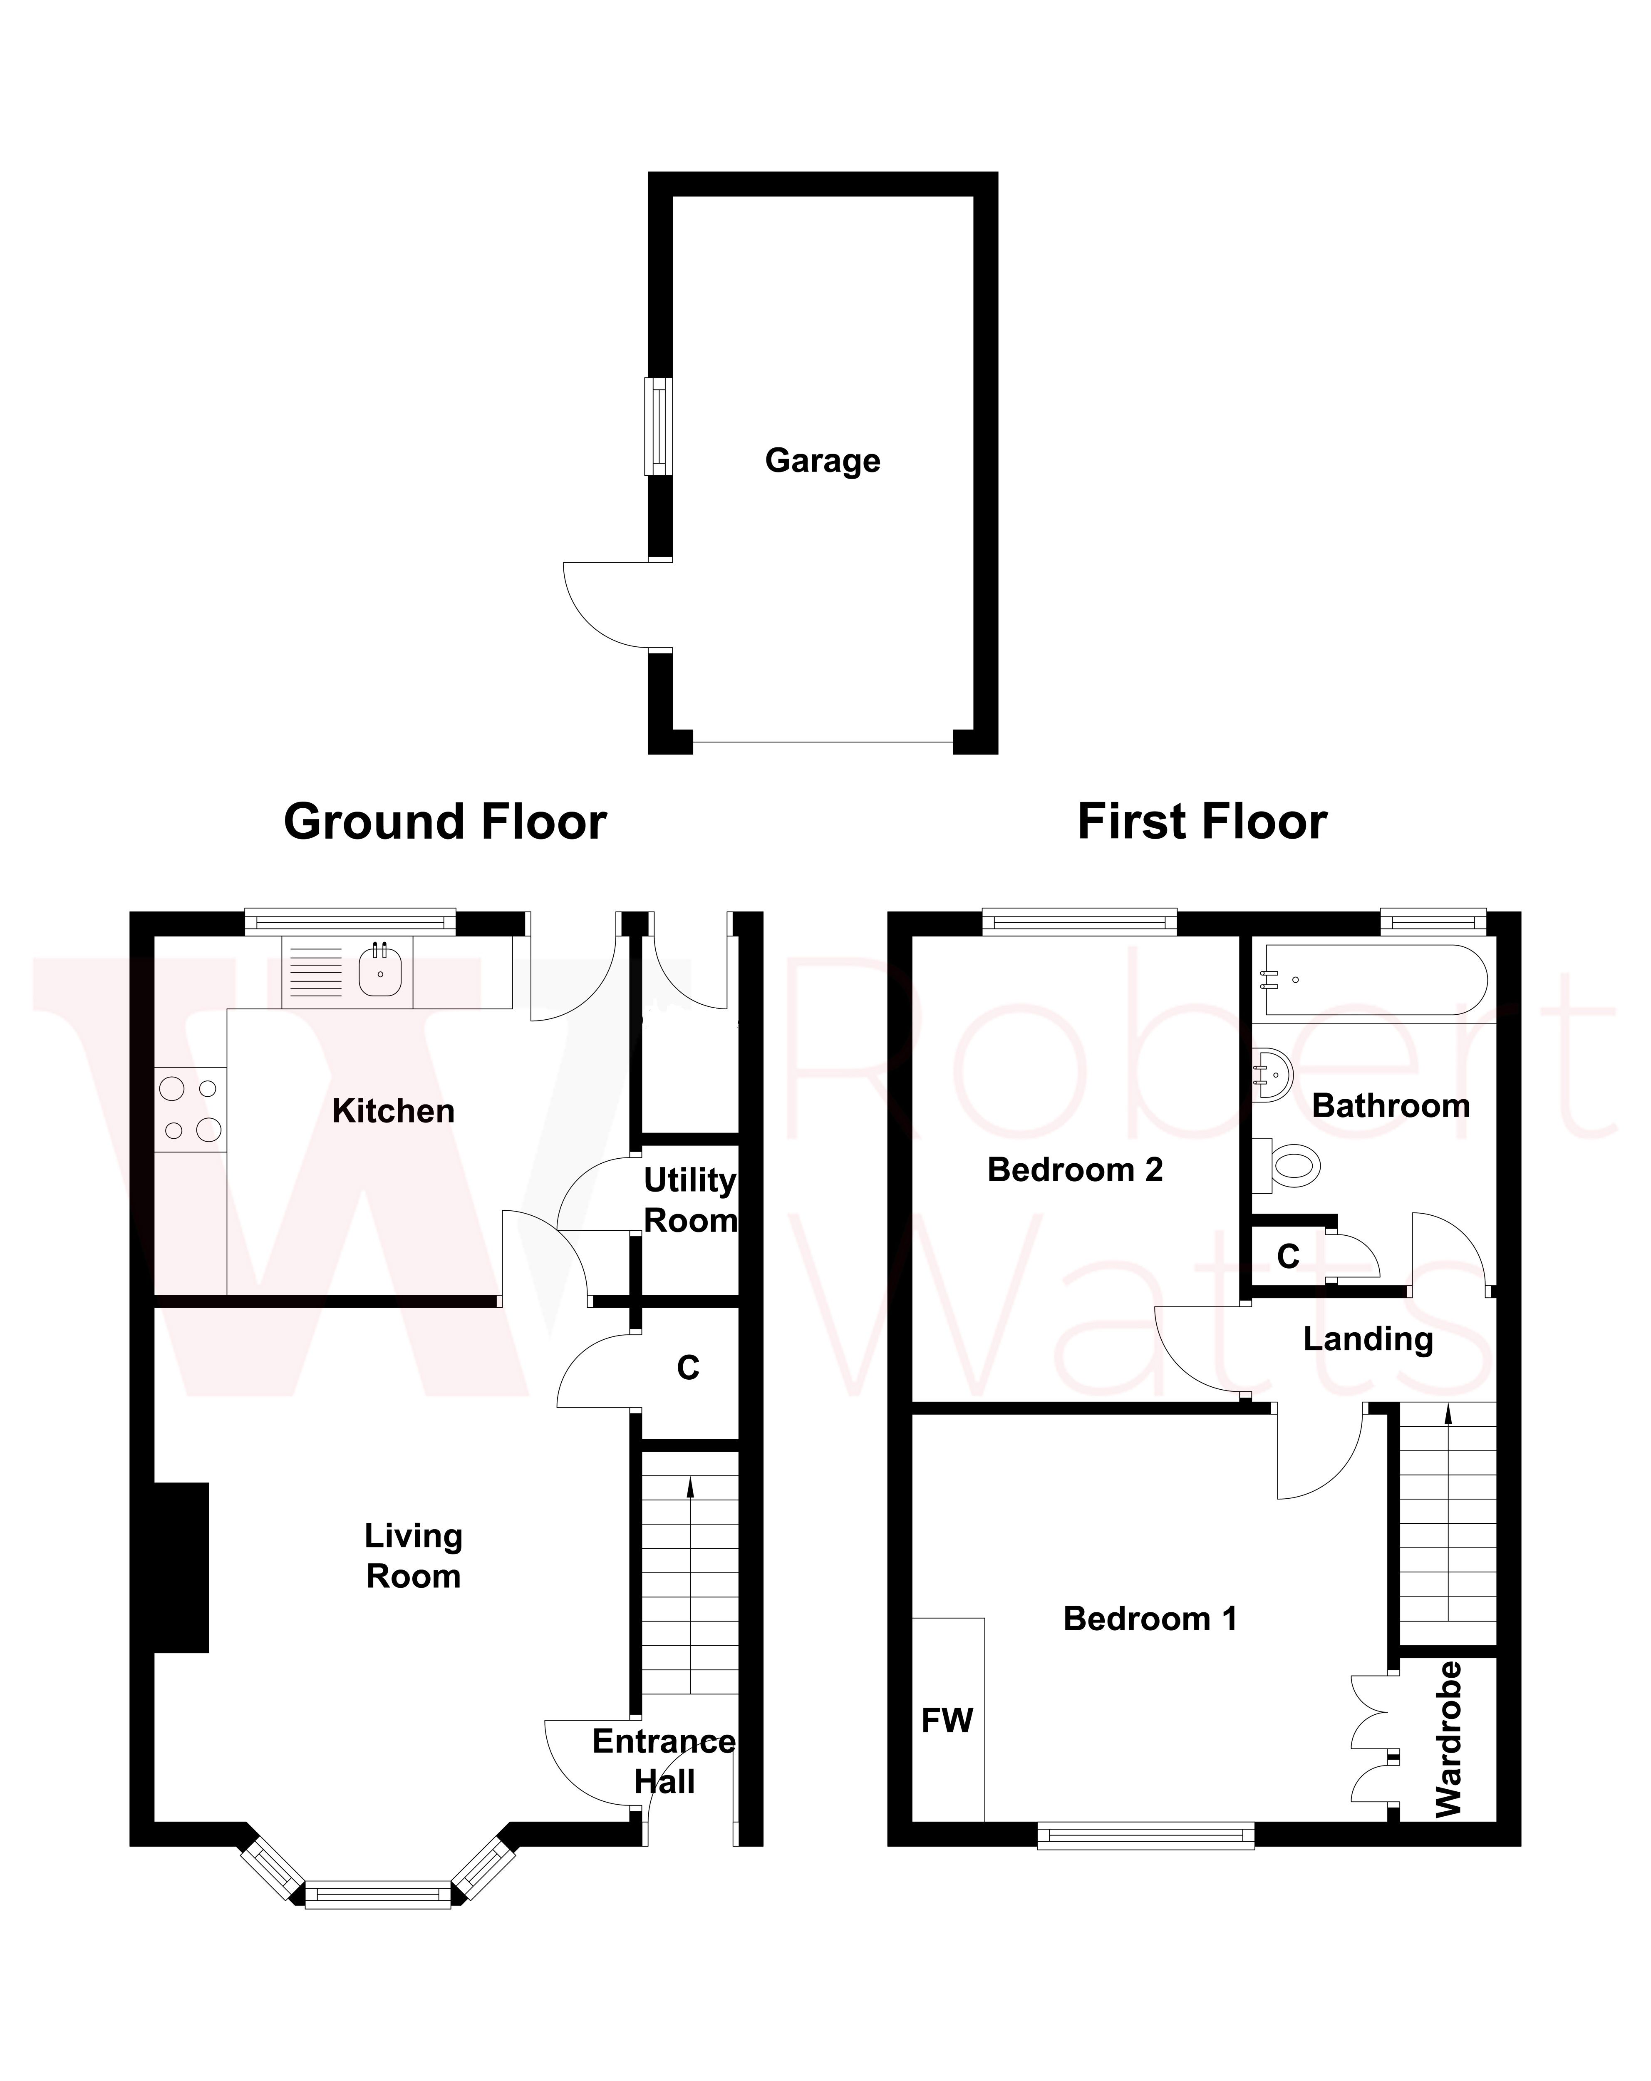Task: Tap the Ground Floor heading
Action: (x=445, y=822)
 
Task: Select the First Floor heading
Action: (x=1201, y=822)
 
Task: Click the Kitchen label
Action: (x=393, y=1111)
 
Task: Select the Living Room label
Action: (x=413, y=1555)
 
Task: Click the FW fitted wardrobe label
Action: (x=947, y=1720)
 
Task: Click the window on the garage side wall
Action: (x=659, y=426)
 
